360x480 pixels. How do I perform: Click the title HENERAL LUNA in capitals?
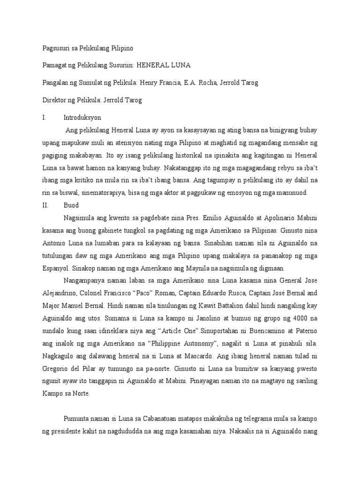(x=168, y=65)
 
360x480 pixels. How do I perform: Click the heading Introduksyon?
(x=82, y=118)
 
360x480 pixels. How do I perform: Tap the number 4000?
(x=293, y=319)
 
